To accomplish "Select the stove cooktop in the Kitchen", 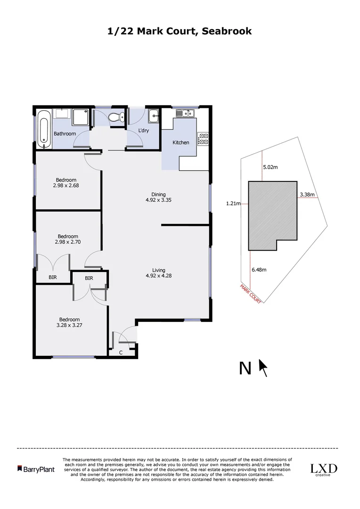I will pyautogui.click(x=204, y=139).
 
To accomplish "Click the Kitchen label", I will pyautogui.click(x=181, y=142).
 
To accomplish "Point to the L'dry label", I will pyautogui.click(x=143, y=131).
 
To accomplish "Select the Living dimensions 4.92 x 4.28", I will pyautogui.click(x=158, y=276).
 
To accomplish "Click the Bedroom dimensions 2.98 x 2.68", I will pyautogui.click(x=66, y=186).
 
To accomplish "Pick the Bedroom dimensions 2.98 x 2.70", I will pyautogui.click(x=67, y=242).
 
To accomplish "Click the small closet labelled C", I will pyautogui.click(x=121, y=352).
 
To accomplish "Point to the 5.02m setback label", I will pyautogui.click(x=270, y=167).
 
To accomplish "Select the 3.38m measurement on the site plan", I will pyautogui.click(x=307, y=194).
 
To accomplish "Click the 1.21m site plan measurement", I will pyautogui.click(x=233, y=204).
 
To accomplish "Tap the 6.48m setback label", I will pyautogui.click(x=259, y=270).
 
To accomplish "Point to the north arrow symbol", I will pyautogui.click(x=263, y=368).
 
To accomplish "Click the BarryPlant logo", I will pyautogui.click(x=36, y=469).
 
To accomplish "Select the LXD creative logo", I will pyautogui.click(x=323, y=469).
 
